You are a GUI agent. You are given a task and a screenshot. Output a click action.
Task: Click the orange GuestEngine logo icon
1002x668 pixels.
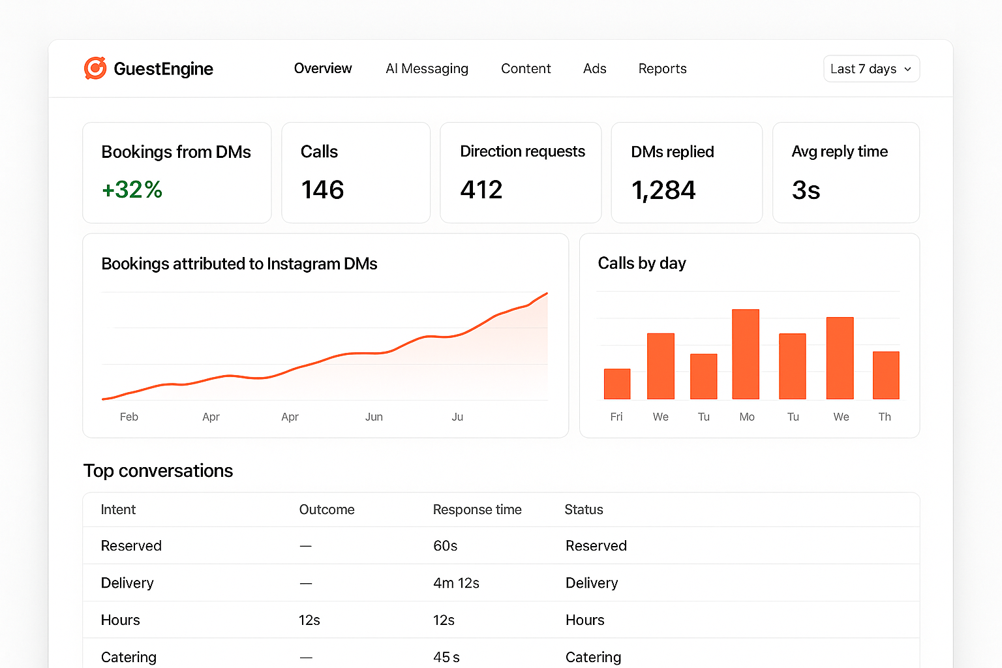coord(95,68)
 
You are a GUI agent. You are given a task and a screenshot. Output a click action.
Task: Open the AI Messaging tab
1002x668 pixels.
coord(427,68)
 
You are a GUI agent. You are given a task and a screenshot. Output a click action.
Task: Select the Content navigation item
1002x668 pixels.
coord(525,68)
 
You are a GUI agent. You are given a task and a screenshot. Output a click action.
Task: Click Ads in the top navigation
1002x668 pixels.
coord(594,68)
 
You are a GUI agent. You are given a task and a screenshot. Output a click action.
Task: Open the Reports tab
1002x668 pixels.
coord(662,68)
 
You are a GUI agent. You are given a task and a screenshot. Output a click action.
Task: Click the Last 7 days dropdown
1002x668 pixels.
coord(871,69)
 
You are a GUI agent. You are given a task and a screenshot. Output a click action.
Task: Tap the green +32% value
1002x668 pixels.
coord(132,190)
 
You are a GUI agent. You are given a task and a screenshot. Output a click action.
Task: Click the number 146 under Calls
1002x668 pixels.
coord(322,190)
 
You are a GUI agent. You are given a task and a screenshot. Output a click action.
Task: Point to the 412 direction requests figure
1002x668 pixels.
coord(481,190)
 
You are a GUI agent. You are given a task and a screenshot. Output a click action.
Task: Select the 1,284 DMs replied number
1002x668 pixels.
coord(663,190)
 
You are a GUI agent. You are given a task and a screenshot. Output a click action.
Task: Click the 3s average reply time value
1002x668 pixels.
coord(806,190)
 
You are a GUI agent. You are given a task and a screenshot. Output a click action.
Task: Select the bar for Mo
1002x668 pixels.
coord(746,354)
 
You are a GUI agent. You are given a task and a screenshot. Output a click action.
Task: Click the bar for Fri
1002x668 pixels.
coord(617,384)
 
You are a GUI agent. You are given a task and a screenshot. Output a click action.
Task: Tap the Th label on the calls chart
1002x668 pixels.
coord(885,417)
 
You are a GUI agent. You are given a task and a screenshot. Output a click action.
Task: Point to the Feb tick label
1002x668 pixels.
coord(129,417)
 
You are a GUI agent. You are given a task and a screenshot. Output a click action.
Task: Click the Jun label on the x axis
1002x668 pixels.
coord(374,417)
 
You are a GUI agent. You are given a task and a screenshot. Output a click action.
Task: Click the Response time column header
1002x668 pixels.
coord(477,509)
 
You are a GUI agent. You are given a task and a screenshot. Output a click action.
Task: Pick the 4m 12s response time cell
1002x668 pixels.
coord(456,583)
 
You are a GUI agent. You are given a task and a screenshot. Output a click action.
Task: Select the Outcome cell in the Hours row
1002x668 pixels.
coord(309,620)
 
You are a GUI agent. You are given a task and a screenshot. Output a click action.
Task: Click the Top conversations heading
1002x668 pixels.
coord(158,471)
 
